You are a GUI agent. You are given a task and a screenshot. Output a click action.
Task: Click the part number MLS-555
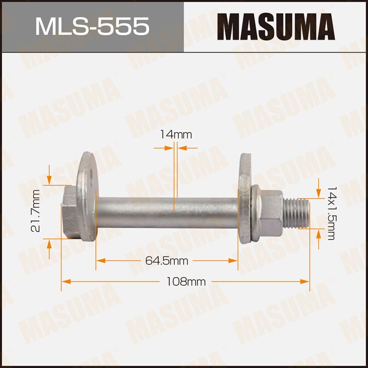tap(92, 26)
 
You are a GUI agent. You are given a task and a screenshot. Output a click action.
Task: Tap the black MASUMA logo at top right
tap(276, 26)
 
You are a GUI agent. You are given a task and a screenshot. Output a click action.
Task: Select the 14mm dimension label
tap(175, 135)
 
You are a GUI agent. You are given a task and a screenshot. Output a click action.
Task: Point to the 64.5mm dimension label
tap(167, 261)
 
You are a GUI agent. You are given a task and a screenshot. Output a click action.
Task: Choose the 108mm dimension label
tap(186, 282)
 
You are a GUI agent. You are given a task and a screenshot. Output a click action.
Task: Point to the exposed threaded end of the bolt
tap(297, 213)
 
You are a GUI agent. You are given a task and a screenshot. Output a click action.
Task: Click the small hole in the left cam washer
tap(92, 175)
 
